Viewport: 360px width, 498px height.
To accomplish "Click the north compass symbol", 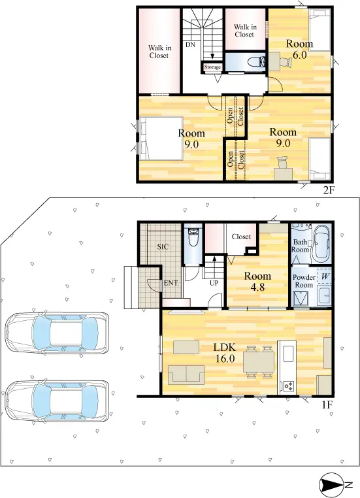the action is point(336,484).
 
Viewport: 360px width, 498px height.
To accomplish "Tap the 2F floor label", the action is point(329,190).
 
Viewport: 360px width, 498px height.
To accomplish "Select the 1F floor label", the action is point(327,405).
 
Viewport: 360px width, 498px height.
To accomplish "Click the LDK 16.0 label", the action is point(225,352).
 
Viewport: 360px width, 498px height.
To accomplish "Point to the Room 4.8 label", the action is point(257,282).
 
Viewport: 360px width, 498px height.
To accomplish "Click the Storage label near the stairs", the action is point(212,67).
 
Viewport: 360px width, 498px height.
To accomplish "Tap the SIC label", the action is point(163,247).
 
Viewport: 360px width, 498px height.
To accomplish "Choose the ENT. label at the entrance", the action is point(171,283).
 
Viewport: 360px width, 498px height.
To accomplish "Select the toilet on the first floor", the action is point(193,238).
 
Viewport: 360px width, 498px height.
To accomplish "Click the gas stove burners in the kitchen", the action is point(289,386).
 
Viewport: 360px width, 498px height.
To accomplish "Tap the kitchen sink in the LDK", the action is point(289,353).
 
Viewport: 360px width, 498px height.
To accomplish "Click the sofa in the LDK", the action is point(186,373).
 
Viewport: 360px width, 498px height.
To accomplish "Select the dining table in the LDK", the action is point(259,362).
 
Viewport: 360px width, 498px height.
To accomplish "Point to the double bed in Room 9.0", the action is point(161,138).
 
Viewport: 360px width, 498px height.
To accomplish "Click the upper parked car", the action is point(57,333).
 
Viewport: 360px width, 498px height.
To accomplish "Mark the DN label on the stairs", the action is point(191,45).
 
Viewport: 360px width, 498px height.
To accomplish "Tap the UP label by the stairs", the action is point(214,283).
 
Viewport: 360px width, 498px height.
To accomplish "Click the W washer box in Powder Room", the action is point(325,276).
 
